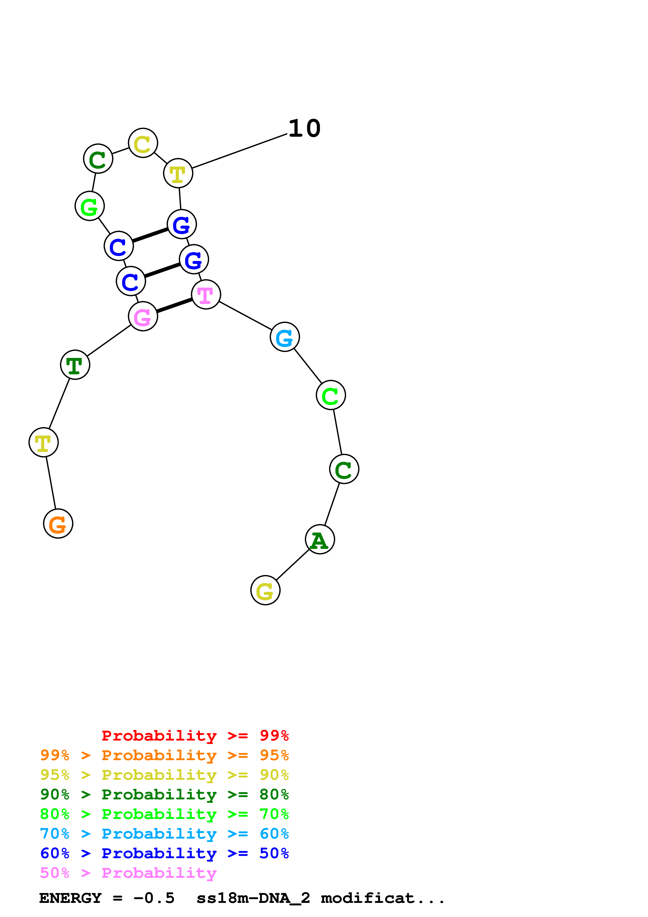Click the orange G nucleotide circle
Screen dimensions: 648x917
tap(58, 524)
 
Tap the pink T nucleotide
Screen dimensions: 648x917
tap(206, 294)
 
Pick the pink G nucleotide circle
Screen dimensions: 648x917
tap(143, 316)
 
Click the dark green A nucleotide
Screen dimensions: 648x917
tap(320, 539)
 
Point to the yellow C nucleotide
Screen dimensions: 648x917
tap(143, 143)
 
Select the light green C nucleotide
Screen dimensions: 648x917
tap(331, 395)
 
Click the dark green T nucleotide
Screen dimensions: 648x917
tap(75, 365)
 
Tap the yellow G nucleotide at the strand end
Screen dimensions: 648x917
tap(266, 590)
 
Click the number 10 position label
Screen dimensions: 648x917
tap(304, 129)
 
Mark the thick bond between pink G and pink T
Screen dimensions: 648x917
tap(174, 306)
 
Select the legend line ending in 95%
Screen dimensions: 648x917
tap(164, 755)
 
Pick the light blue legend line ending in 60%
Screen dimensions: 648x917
tap(164, 834)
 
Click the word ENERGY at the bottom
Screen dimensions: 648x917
tap(70, 898)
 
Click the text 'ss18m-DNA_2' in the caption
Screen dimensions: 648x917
tap(253, 898)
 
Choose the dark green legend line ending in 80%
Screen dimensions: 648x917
tap(164, 794)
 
